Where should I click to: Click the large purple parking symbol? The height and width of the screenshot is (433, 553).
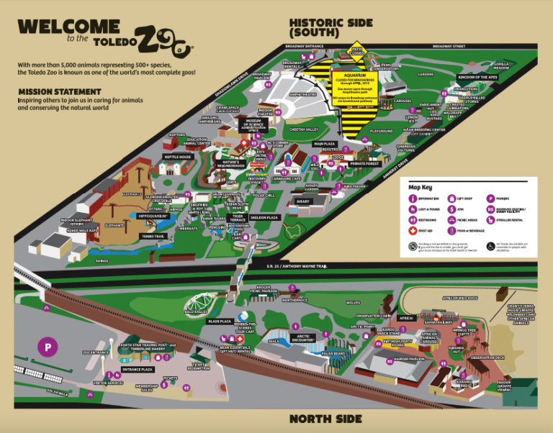pos(45,347)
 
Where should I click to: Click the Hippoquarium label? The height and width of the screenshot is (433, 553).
pos(152,215)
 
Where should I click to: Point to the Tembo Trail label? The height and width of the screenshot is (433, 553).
pos(153,236)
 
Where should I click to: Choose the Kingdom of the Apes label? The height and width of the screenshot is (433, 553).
pos(478,76)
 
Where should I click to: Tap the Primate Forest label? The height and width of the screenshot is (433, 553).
pos(364,164)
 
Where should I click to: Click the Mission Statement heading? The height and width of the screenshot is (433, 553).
pos(60,91)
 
